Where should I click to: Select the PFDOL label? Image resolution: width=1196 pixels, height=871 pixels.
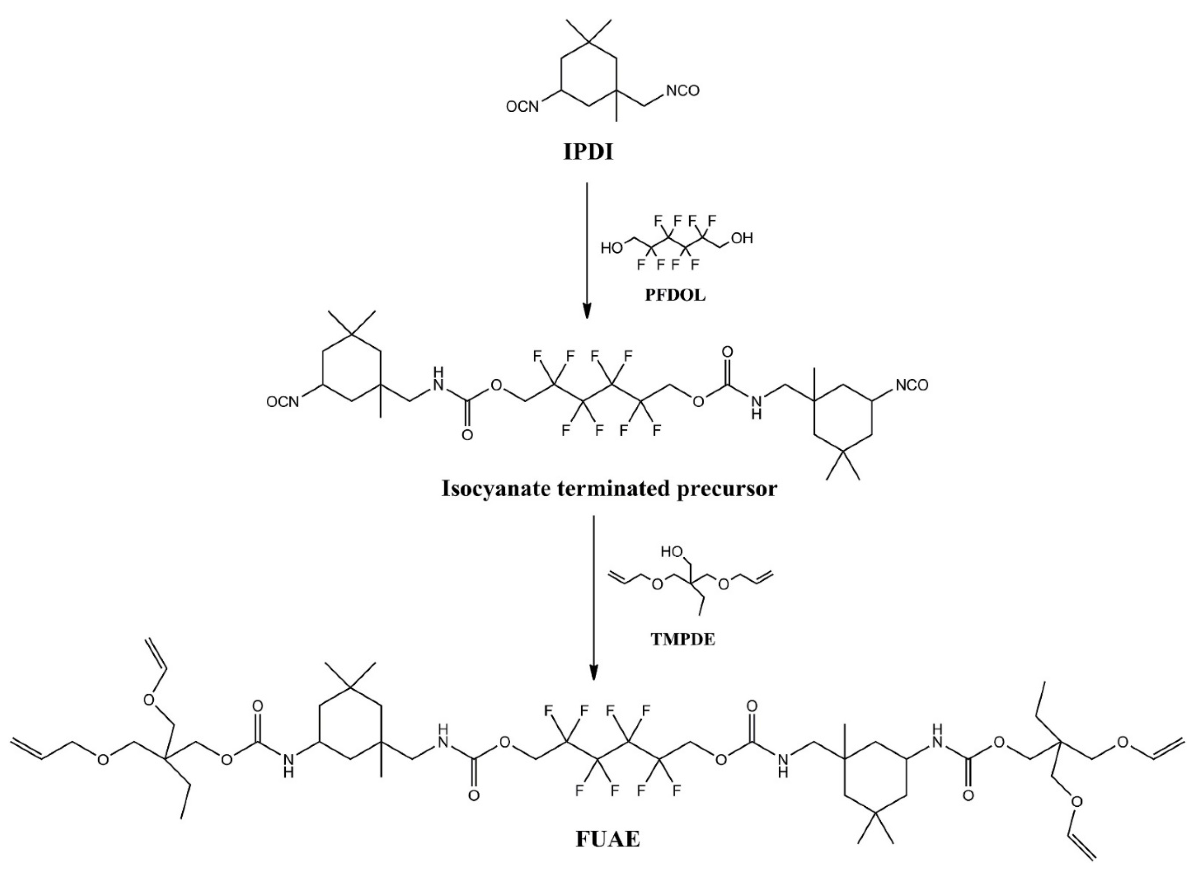[x=675, y=295]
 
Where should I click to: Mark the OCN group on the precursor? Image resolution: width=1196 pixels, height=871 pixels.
[x=283, y=402]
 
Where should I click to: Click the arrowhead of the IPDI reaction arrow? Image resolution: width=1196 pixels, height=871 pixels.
[x=587, y=311]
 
